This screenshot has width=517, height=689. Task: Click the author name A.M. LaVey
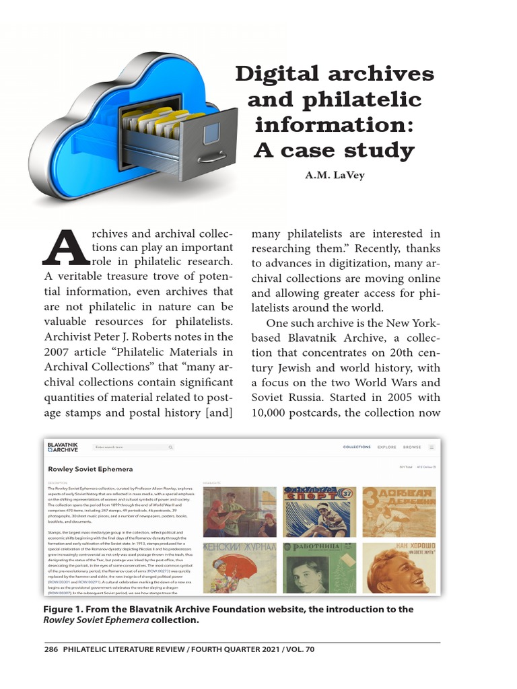334,176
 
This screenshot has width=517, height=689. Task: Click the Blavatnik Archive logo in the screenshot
63,447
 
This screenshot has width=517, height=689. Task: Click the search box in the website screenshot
133,447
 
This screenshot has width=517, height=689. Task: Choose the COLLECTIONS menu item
357,447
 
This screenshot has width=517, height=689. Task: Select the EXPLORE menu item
386,447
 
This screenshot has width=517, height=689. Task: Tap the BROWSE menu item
412,447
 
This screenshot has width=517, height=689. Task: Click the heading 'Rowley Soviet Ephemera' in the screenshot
90,468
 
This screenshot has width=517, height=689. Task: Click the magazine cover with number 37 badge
320,511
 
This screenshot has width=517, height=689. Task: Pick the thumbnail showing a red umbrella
239,567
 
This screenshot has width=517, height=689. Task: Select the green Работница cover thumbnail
320,567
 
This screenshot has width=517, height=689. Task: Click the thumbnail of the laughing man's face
399,567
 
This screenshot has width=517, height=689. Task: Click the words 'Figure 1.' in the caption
65,610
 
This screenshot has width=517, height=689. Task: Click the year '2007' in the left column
59,351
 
